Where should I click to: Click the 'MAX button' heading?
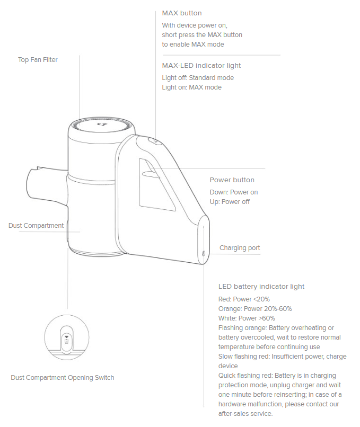(181, 13)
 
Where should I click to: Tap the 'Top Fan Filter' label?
(38, 60)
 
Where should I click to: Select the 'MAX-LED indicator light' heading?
(201, 66)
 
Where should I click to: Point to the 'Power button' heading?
(232, 180)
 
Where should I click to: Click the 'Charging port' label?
(240, 248)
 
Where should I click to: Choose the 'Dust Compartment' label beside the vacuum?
(36, 226)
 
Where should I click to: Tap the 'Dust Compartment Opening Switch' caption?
(63, 378)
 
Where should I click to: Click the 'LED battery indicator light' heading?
(261, 287)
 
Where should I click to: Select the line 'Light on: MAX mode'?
(191, 87)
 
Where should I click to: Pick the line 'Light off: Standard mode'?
(198, 78)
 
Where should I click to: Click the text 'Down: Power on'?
(234, 192)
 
